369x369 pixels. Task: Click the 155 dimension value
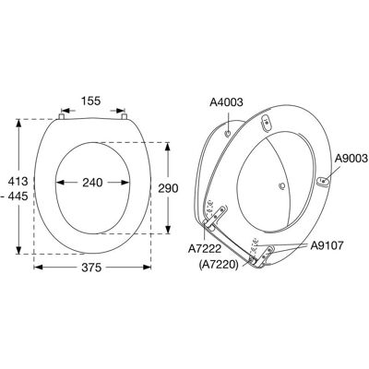click(x=91, y=101)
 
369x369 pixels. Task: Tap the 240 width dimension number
click(x=92, y=183)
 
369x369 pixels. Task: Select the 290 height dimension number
click(x=168, y=188)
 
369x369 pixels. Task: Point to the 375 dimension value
click(x=91, y=268)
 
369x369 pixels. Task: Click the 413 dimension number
click(x=18, y=182)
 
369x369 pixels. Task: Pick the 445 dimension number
click(x=18, y=196)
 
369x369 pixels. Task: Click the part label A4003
click(x=226, y=102)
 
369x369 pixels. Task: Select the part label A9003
click(x=351, y=159)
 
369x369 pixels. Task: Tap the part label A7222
click(x=205, y=248)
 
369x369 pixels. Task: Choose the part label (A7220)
click(x=219, y=265)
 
